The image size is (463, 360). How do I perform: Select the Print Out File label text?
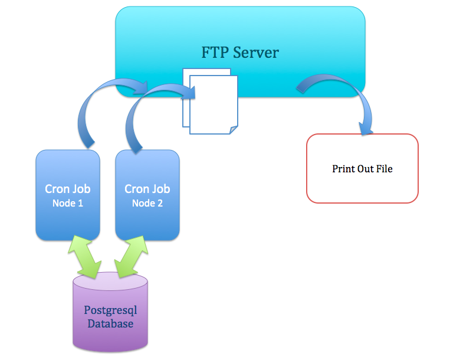362,169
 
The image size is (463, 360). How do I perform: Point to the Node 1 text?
68,203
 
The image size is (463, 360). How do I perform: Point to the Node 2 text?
147,203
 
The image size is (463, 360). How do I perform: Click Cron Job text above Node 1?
68,189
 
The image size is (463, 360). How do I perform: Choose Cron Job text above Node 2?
147,189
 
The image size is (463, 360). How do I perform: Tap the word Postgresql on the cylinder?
110,310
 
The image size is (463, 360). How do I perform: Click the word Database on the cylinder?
110,323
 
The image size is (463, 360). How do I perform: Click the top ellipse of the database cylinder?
110,282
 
